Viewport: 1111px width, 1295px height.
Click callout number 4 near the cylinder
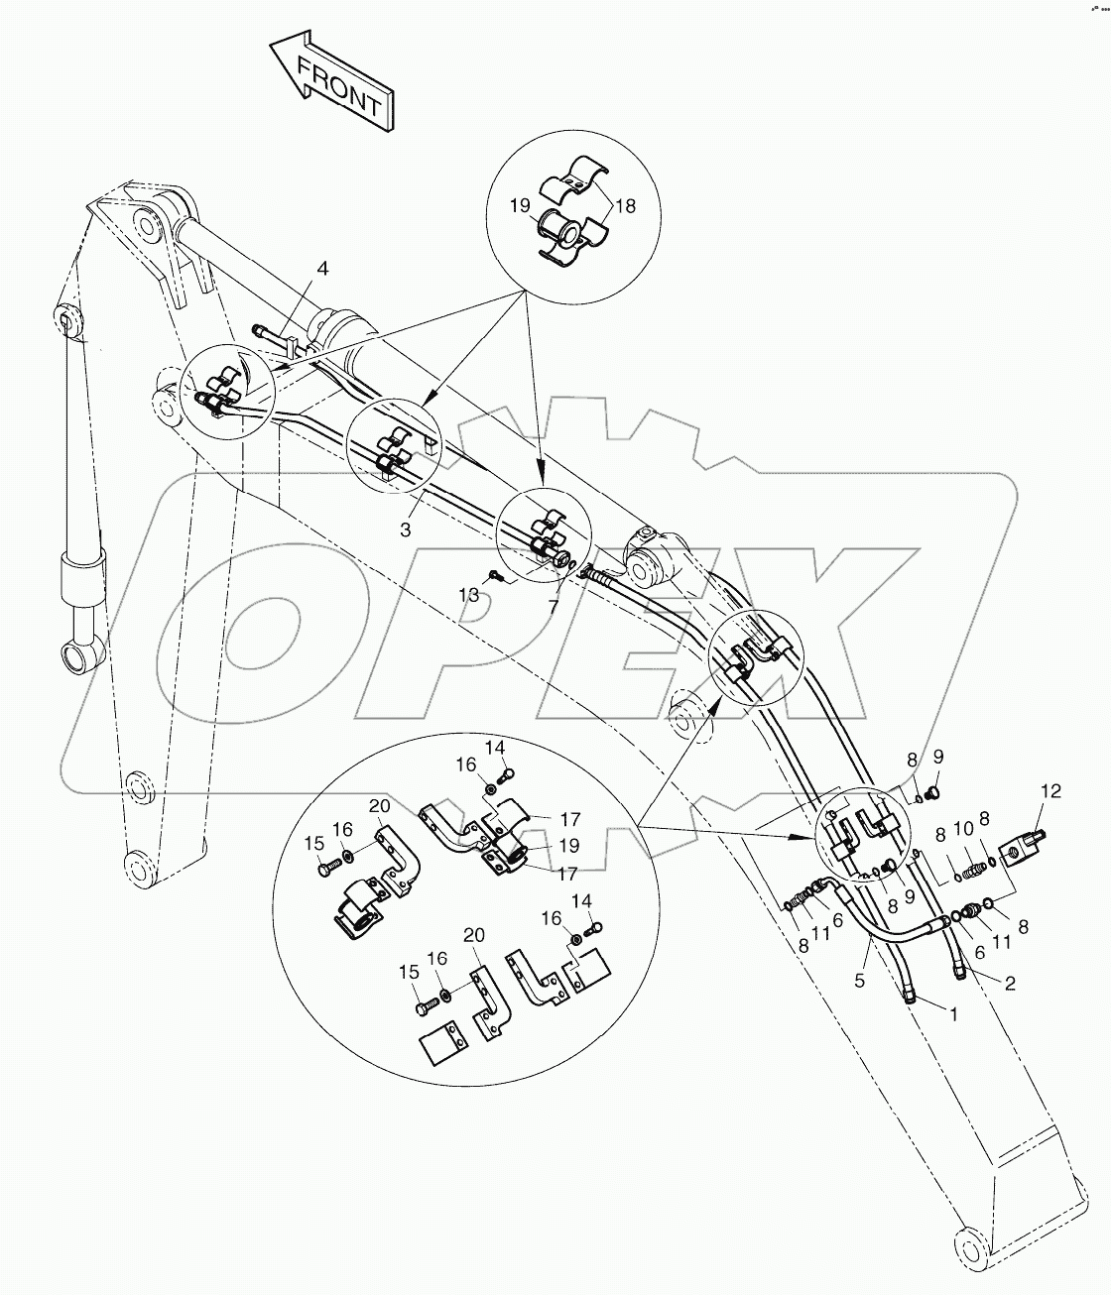pyautogui.click(x=322, y=269)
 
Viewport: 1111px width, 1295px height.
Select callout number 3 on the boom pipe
pyautogui.click(x=406, y=530)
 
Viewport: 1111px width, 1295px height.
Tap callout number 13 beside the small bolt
pyautogui.click(x=468, y=595)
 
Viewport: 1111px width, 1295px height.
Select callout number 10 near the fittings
pyautogui.click(x=962, y=828)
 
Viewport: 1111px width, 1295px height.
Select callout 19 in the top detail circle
pyautogui.click(x=521, y=206)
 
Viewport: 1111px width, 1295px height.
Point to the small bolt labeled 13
pyautogui.click(x=495, y=575)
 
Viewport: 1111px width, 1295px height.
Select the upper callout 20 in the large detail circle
pyautogui.click(x=379, y=808)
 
